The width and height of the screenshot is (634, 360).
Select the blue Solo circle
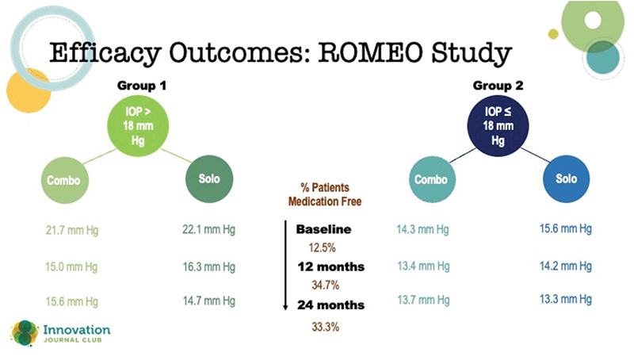(566, 179)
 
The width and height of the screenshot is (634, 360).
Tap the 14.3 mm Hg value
(424, 231)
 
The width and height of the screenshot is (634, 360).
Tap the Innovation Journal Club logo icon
(24, 333)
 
